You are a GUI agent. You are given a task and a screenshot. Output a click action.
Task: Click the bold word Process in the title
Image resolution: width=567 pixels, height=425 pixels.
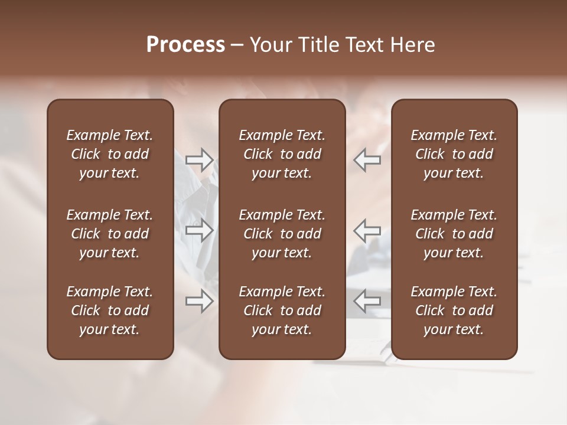[x=185, y=45]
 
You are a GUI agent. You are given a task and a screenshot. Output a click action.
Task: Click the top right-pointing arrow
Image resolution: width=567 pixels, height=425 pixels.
[x=199, y=159]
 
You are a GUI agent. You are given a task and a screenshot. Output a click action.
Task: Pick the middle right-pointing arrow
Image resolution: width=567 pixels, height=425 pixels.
[x=199, y=230]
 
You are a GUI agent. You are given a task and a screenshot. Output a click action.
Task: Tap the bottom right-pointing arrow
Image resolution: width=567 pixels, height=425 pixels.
[x=199, y=302]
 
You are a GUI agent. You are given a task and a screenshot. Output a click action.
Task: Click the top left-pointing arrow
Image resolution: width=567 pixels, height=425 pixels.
[x=367, y=159]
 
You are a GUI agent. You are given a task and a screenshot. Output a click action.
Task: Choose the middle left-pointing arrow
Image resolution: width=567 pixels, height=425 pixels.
[x=367, y=230]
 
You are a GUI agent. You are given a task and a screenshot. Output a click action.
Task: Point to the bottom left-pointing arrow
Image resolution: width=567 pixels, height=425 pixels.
[x=367, y=302]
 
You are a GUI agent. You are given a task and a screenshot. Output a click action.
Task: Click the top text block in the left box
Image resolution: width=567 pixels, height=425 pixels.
[x=110, y=154]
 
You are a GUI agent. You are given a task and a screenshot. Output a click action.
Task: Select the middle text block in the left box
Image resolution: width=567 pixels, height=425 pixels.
[x=110, y=234]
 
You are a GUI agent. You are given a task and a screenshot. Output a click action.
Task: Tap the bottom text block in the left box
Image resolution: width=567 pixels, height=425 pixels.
[x=110, y=310]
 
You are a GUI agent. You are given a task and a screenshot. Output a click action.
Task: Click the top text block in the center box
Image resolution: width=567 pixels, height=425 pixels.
[x=282, y=154]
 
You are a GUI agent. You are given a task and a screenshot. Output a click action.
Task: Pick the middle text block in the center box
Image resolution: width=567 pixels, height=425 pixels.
[x=282, y=234]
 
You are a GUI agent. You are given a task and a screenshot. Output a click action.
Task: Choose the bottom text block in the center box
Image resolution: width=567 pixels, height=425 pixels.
[x=282, y=310]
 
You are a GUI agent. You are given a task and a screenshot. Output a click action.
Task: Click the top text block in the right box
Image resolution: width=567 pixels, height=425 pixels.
[x=454, y=154]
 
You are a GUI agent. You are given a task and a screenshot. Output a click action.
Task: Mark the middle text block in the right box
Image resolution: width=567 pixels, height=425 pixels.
[x=454, y=234]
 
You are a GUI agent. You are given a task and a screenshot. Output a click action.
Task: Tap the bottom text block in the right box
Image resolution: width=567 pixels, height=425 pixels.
[x=454, y=310]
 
